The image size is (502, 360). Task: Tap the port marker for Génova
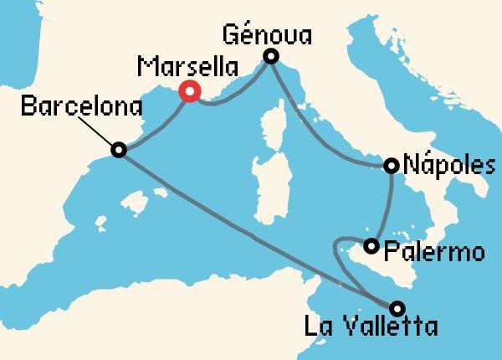pyautogui.click(x=270, y=57)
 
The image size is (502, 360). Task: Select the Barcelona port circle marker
pyautogui.click(x=119, y=150)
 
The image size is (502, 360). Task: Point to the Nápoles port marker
pyautogui.click(x=391, y=166)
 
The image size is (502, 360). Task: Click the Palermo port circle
pyautogui.click(x=371, y=245)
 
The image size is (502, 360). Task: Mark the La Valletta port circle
pyautogui.click(x=397, y=307)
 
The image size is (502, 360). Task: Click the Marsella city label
pyautogui.click(x=186, y=67)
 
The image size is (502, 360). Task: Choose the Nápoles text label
pyautogui.click(x=443, y=165)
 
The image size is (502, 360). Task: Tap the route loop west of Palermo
pyautogui.click(x=336, y=247)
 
